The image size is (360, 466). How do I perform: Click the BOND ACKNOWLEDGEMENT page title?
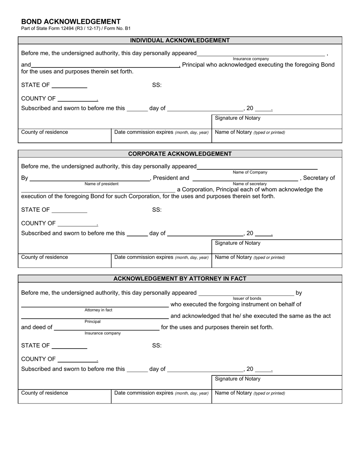(x=71, y=22)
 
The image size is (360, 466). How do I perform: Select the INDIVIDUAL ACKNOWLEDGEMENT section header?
(x=180, y=41)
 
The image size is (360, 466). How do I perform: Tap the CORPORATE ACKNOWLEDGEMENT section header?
(x=180, y=154)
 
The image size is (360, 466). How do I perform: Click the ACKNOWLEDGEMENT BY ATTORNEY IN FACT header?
(x=180, y=278)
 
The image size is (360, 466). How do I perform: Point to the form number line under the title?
(x=76, y=28)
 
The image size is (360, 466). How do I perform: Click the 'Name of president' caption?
(x=101, y=184)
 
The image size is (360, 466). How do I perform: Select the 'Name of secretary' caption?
(x=250, y=184)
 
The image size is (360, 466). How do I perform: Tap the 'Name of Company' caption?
(x=250, y=172)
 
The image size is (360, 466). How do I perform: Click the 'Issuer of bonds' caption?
(x=247, y=299)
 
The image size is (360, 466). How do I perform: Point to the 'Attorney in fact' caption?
(x=98, y=310)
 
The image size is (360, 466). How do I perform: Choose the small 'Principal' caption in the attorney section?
(x=92, y=322)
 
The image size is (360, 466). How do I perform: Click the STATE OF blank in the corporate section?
(x=69, y=211)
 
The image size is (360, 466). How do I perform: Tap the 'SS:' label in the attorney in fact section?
(x=157, y=346)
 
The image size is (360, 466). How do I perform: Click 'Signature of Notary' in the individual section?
(x=238, y=118)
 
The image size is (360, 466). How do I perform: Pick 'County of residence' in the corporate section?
(x=45, y=257)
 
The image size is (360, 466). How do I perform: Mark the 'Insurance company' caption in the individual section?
(x=250, y=59)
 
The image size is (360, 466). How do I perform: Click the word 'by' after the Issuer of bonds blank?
(x=299, y=293)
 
